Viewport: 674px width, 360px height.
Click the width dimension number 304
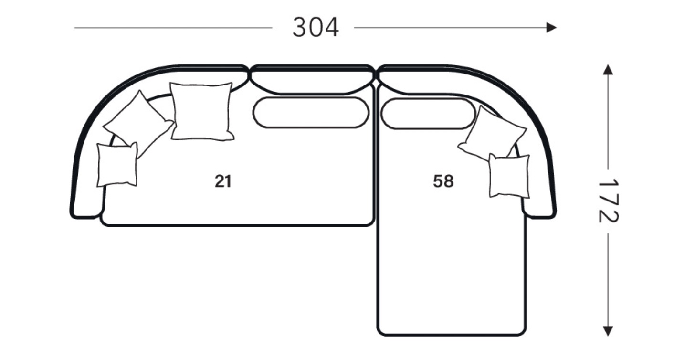[316, 27]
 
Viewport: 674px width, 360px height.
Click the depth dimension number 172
[608, 201]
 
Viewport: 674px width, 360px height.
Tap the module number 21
[223, 181]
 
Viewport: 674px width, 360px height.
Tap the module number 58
[443, 181]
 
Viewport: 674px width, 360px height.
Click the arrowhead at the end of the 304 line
[551, 28]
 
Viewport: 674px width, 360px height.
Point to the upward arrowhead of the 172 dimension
[608, 70]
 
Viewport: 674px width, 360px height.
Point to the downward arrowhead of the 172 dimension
[608, 331]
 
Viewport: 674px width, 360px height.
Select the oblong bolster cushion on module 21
[311, 113]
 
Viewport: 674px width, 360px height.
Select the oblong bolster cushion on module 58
[428, 114]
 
